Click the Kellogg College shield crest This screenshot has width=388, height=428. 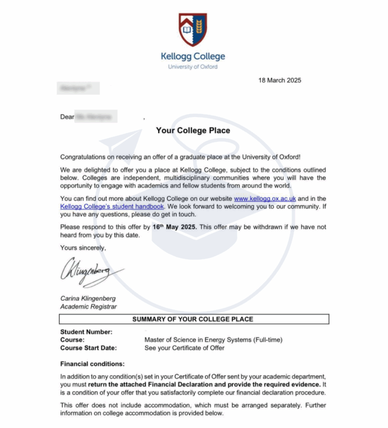pos(192,30)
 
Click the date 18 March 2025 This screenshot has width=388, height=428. pos(279,80)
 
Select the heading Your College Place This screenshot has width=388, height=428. pos(193,130)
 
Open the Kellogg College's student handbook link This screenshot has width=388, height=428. pos(112,206)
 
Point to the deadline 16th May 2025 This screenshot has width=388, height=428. pos(176,227)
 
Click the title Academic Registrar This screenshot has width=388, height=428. pos(88,306)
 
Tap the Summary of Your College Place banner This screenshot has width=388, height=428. pos(193,319)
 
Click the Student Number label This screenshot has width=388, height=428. pos(86,332)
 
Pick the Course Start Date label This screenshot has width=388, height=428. pos(88,348)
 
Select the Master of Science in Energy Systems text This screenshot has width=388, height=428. pos(213,340)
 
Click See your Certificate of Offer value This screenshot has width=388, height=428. pos(184,348)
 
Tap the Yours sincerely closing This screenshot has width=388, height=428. pos(83,248)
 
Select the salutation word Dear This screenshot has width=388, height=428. pos(67,117)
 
